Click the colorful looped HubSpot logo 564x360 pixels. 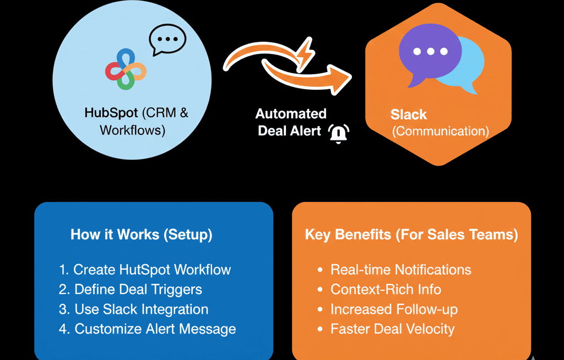126,69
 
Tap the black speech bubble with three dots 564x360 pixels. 167,40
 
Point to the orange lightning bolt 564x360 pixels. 304,54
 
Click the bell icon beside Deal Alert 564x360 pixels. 339,134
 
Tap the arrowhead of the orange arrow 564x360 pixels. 340,78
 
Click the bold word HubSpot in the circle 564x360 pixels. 111,113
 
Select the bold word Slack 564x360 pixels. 409,114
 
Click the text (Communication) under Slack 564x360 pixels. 440,132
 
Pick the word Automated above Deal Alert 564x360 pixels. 291,114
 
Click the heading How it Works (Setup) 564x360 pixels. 142,234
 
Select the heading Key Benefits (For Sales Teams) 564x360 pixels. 411,234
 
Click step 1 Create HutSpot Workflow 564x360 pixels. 145,270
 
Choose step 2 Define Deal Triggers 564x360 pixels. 131,290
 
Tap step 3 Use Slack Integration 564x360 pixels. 134,309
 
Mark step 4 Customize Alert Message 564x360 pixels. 147,329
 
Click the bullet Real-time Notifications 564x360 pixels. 400,270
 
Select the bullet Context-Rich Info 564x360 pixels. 386,290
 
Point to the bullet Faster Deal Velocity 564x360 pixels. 392,329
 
